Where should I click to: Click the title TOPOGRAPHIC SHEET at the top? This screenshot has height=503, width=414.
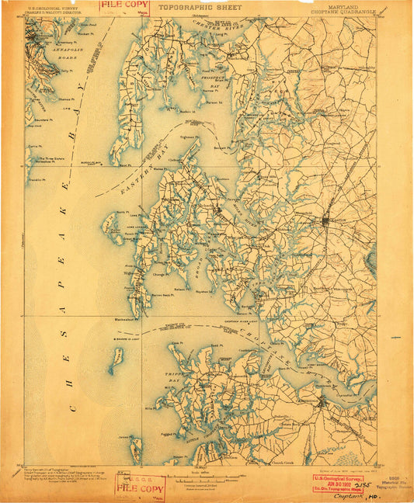(x=200, y=7)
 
